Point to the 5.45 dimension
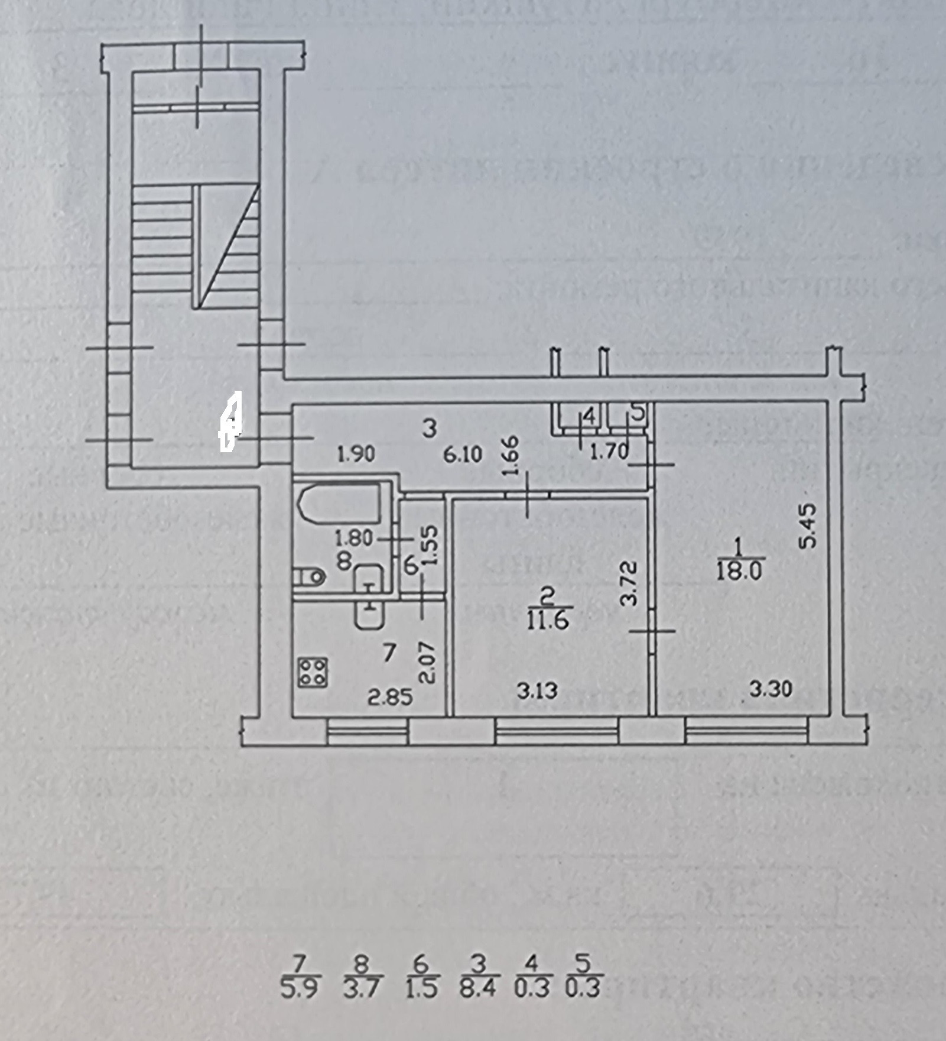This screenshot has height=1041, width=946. (x=808, y=526)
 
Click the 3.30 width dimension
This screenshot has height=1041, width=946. (x=771, y=689)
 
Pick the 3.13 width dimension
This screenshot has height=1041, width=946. (x=537, y=690)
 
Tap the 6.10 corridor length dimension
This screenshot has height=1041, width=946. (x=464, y=455)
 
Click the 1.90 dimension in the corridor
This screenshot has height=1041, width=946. (x=356, y=455)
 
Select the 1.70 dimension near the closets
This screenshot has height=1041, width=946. (x=609, y=452)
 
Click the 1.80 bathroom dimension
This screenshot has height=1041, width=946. (x=353, y=539)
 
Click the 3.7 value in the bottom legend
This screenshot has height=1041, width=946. (x=362, y=988)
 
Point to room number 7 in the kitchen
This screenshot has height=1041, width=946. (x=388, y=653)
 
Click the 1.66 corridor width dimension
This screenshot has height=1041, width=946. (x=512, y=456)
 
